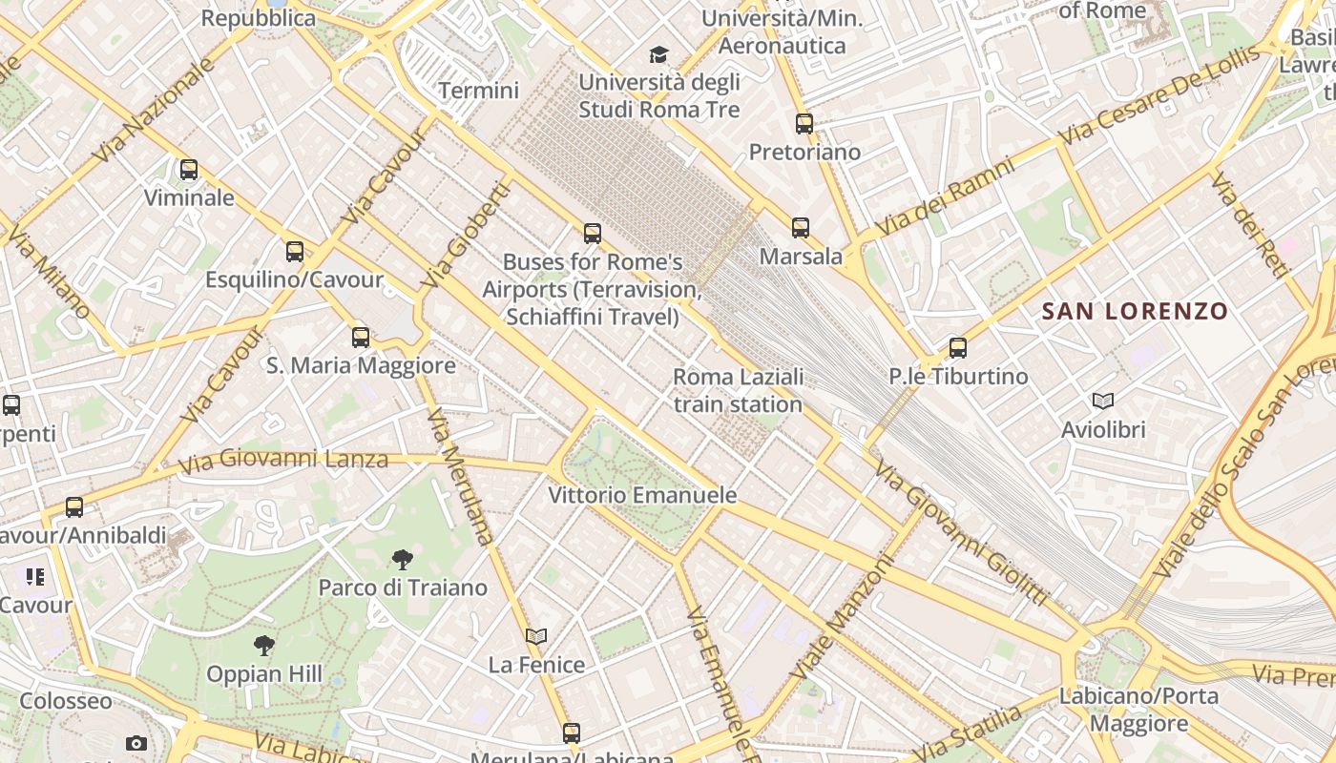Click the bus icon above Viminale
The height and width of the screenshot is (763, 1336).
coord(189,170)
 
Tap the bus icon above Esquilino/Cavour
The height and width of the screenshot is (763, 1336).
coord(295,252)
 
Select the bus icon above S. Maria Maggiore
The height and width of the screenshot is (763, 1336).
coord(360,337)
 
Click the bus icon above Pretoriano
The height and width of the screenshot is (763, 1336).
coord(804,123)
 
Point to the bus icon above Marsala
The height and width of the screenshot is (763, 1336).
coord(801,227)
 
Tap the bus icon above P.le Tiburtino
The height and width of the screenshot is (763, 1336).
coord(958,348)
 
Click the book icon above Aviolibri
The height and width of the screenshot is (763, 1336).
coord(1103,402)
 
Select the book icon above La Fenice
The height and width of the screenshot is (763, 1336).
coord(536,636)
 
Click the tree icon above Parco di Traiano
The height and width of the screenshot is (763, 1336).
coord(403,560)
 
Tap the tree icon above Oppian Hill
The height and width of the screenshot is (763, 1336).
coord(264,646)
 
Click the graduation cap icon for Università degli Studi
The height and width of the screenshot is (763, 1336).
coord(658,54)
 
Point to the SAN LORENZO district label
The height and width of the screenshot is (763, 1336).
coord(1135,311)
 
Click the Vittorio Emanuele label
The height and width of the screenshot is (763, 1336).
coord(642,495)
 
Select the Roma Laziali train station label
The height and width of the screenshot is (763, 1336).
coord(739,390)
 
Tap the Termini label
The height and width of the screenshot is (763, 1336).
coord(478,91)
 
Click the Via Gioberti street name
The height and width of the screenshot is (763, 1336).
coord(466,236)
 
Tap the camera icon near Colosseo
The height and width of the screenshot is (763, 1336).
coord(136,743)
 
